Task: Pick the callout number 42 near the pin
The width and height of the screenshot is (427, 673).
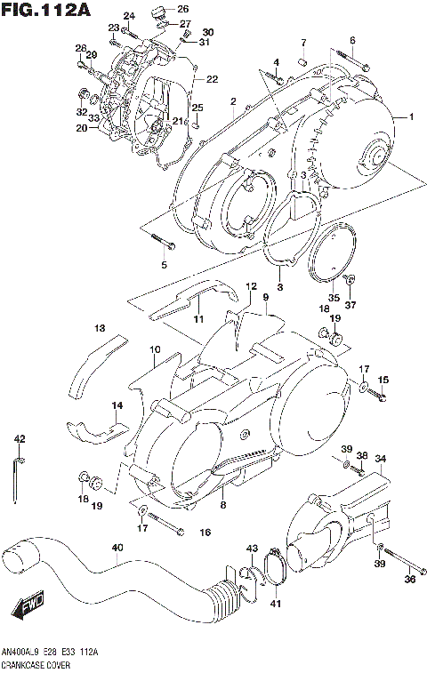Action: click(20, 439)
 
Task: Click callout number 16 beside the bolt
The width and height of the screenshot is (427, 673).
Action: click(205, 532)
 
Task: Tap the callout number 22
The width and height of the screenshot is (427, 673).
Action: click(212, 79)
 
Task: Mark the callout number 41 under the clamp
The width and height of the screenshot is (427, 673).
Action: click(275, 605)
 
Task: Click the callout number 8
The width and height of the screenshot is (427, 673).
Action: click(222, 505)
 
